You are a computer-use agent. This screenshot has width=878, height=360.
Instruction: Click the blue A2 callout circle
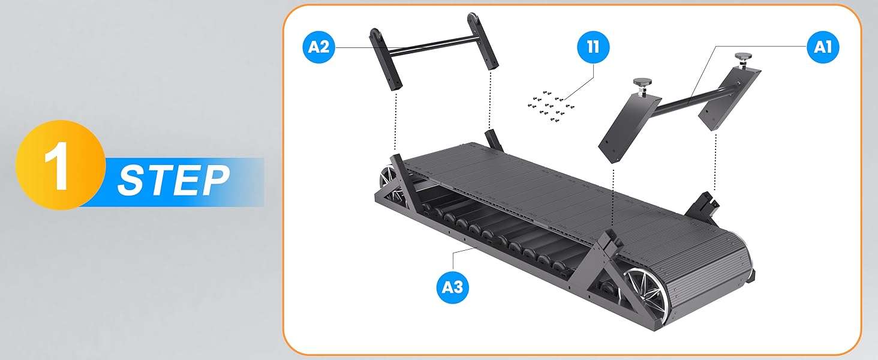[x=319, y=47]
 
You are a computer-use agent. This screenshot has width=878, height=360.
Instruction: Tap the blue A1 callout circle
[x=823, y=47]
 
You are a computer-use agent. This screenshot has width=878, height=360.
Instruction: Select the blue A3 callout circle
[x=452, y=287]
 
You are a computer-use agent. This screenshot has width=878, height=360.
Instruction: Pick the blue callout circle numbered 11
[x=594, y=47]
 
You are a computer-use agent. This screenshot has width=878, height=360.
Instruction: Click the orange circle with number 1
[x=61, y=165]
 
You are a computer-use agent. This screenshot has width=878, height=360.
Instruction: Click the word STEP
[x=173, y=181]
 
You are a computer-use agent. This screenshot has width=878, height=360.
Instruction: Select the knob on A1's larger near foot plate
[x=643, y=84]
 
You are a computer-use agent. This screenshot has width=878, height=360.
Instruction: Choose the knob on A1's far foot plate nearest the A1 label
[x=743, y=58]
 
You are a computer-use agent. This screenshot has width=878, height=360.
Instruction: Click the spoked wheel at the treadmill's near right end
[x=643, y=288]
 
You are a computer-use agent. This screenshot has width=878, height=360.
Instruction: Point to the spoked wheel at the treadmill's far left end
[x=390, y=181]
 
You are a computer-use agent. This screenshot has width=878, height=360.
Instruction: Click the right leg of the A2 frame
[x=482, y=41]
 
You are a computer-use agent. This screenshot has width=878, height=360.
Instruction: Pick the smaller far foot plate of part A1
[x=730, y=98]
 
